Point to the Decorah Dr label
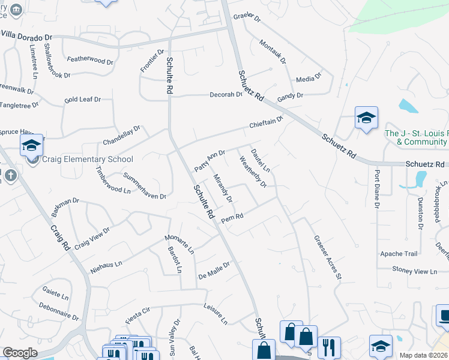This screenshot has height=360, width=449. [225, 95]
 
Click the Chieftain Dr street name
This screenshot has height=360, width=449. [267, 123]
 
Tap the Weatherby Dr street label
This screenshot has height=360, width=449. [252, 172]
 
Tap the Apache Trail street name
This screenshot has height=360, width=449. [398, 254]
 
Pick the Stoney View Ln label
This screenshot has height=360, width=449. [414, 271]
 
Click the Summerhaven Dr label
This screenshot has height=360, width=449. [144, 186]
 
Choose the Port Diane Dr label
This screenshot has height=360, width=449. [378, 188]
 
